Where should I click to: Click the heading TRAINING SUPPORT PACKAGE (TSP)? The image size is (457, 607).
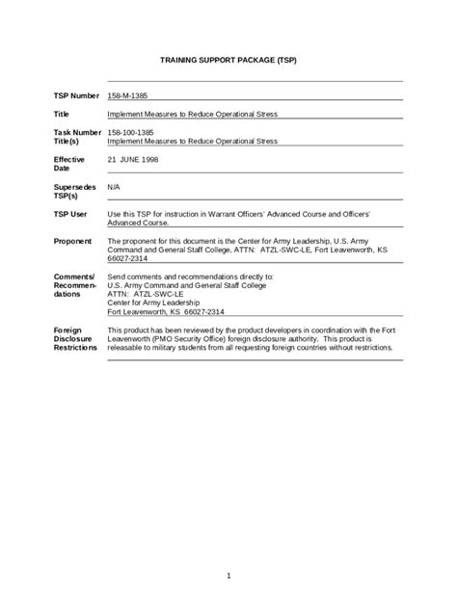(x=228, y=60)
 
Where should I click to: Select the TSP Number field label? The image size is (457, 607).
(x=76, y=96)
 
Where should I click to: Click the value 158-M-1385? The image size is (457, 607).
(x=128, y=96)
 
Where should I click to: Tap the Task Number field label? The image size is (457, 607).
(x=77, y=131)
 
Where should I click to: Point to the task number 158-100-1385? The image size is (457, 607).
(x=132, y=131)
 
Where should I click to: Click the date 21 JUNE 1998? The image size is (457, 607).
(x=134, y=159)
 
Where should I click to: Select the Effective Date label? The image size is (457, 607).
(x=69, y=164)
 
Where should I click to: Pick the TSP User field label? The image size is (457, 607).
(x=70, y=213)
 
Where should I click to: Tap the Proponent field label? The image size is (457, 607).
(x=73, y=241)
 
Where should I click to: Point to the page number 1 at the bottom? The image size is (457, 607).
(x=228, y=575)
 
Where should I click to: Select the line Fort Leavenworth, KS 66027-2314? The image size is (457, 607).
(x=166, y=312)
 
